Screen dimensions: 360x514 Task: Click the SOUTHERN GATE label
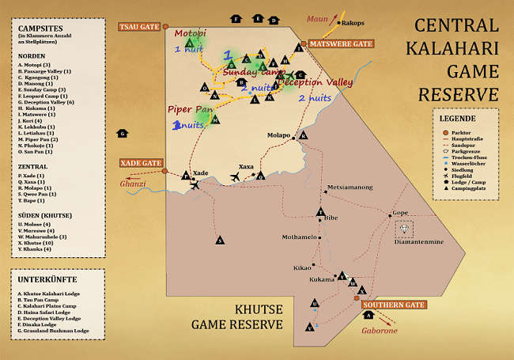(394, 305)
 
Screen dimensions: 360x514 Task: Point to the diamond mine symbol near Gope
(406, 229)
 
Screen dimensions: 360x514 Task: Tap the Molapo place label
(281, 135)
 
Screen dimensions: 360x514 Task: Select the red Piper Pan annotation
(189, 109)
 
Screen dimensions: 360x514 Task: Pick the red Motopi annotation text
(190, 33)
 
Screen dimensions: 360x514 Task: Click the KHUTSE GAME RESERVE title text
(236, 317)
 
